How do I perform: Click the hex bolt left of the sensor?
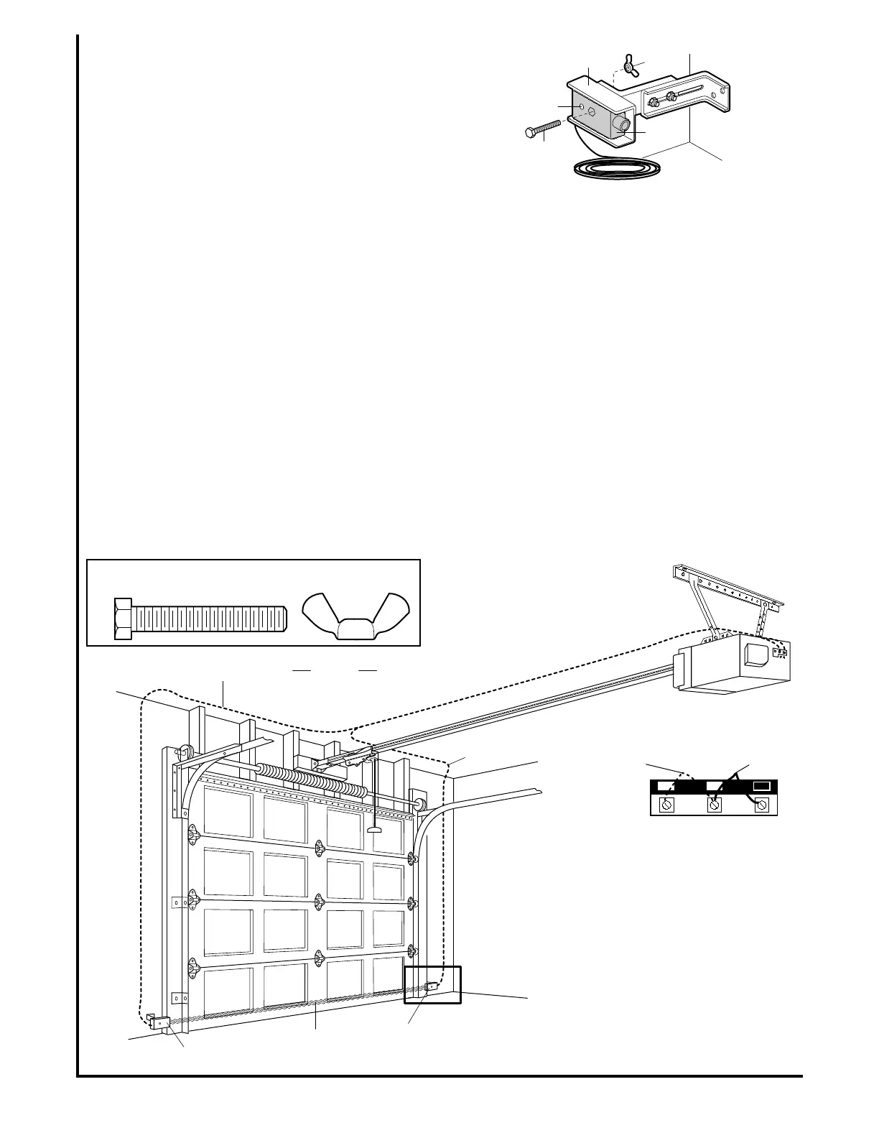click(541, 129)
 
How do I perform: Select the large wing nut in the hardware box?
click(355, 614)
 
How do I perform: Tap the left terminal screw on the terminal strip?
click(666, 805)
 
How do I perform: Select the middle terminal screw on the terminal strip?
click(715, 805)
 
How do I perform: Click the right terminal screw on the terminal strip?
click(762, 805)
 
